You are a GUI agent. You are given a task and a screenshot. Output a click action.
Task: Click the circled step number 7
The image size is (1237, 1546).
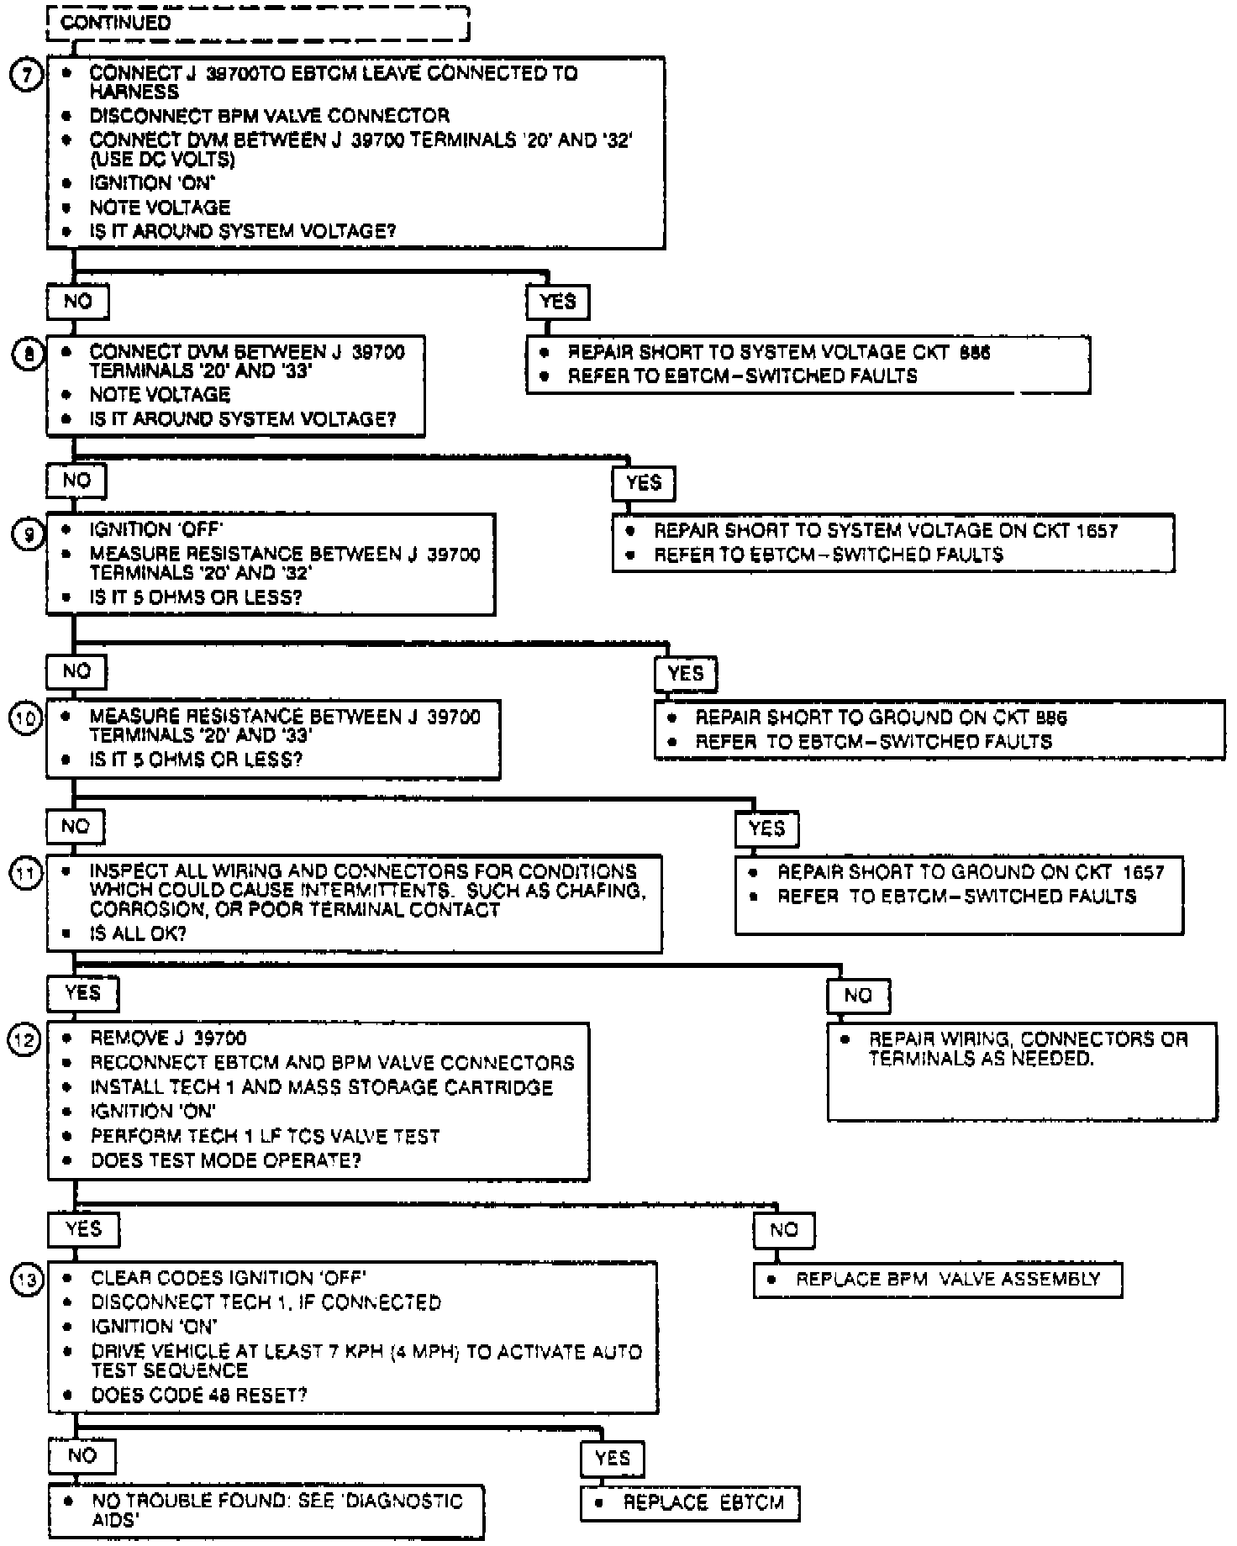[x=26, y=76]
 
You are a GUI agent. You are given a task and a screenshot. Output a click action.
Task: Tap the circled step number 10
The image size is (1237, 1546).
[x=26, y=719]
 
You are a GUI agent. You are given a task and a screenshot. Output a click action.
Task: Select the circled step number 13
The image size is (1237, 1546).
[x=26, y=1280]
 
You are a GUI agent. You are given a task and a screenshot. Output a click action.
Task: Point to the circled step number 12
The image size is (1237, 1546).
[x=24, y=1041]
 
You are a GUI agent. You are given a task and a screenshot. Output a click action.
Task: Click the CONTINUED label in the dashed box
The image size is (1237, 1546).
[x=115, y=23]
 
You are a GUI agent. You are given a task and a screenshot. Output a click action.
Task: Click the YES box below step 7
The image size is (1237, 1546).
[x=557, y=302]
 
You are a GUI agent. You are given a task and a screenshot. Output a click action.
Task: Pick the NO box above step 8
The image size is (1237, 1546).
[x=77, y=302]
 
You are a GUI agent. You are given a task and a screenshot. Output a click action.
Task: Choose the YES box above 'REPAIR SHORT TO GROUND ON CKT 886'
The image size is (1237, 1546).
[x=686, y=673]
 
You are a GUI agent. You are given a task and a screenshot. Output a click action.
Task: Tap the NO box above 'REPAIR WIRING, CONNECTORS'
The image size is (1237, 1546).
[x=858, y=996]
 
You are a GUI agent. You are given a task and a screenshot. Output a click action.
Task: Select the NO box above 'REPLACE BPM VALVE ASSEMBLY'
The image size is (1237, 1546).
[x=783, y=1230]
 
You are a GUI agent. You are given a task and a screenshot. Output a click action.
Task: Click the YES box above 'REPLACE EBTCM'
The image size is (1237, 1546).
[x=612, y=1459]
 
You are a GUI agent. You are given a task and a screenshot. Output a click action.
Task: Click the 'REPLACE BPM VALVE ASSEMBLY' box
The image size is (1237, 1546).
[x=938, y=1280]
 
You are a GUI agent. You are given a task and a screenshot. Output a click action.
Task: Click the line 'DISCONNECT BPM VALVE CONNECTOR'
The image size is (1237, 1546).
[x=269, y=116]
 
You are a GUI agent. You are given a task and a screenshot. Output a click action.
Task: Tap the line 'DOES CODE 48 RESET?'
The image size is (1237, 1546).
[x=199, y=1396]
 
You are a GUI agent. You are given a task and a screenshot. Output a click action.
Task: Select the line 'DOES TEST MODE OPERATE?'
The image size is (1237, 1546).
[x=226, y=1160]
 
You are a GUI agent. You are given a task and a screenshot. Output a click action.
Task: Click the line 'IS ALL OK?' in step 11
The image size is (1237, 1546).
[x=138, y=933]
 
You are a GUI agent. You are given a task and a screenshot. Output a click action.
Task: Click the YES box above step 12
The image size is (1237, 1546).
[x=82, y=993]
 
